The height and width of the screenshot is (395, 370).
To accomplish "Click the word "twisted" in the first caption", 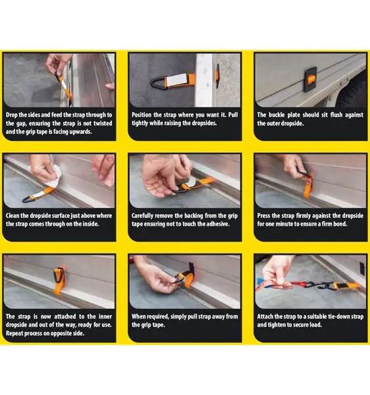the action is point(103,124).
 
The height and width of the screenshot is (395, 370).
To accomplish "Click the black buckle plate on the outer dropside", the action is point(310,80).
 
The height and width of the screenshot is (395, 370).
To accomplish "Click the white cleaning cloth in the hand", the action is point(56,174).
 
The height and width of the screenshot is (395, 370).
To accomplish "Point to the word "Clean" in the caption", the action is point(13,216).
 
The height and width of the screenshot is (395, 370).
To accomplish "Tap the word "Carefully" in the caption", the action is point(142,216).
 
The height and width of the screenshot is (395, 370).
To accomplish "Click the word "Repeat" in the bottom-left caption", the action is point(14,333).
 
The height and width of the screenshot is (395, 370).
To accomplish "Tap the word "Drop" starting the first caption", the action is point(11,115).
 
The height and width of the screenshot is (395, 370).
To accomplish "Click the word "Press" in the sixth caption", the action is point(263,216).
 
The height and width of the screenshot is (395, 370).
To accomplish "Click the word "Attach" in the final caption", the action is point(265,317).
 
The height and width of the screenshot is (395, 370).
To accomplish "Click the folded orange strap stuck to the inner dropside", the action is point(59,280).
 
